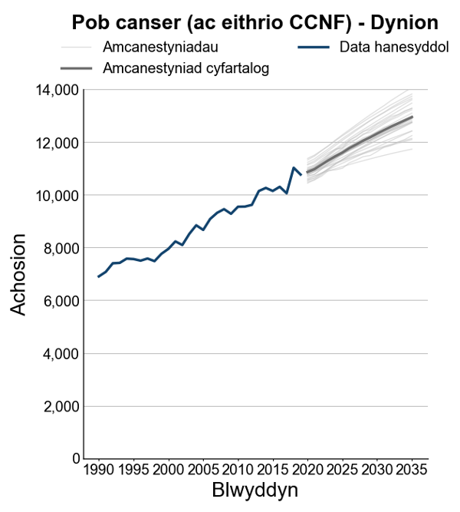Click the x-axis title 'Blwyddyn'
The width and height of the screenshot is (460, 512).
point(255,490)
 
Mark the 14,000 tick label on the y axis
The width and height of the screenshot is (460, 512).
point(58,90)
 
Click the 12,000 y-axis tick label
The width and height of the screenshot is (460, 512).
point(58,143)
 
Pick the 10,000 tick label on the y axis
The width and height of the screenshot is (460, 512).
point(58,196)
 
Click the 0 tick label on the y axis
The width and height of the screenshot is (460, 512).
point(74,459)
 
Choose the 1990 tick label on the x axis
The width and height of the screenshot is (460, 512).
point(98,469)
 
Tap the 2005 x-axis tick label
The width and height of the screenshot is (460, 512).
point(202,469)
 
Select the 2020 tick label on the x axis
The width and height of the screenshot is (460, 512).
point(307,469)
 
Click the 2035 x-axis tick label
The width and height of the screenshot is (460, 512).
point(412,469)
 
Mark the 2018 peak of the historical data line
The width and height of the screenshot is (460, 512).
point(294,167)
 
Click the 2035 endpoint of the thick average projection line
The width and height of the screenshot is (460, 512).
point(412,117)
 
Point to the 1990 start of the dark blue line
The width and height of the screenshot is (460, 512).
point(98,276)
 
